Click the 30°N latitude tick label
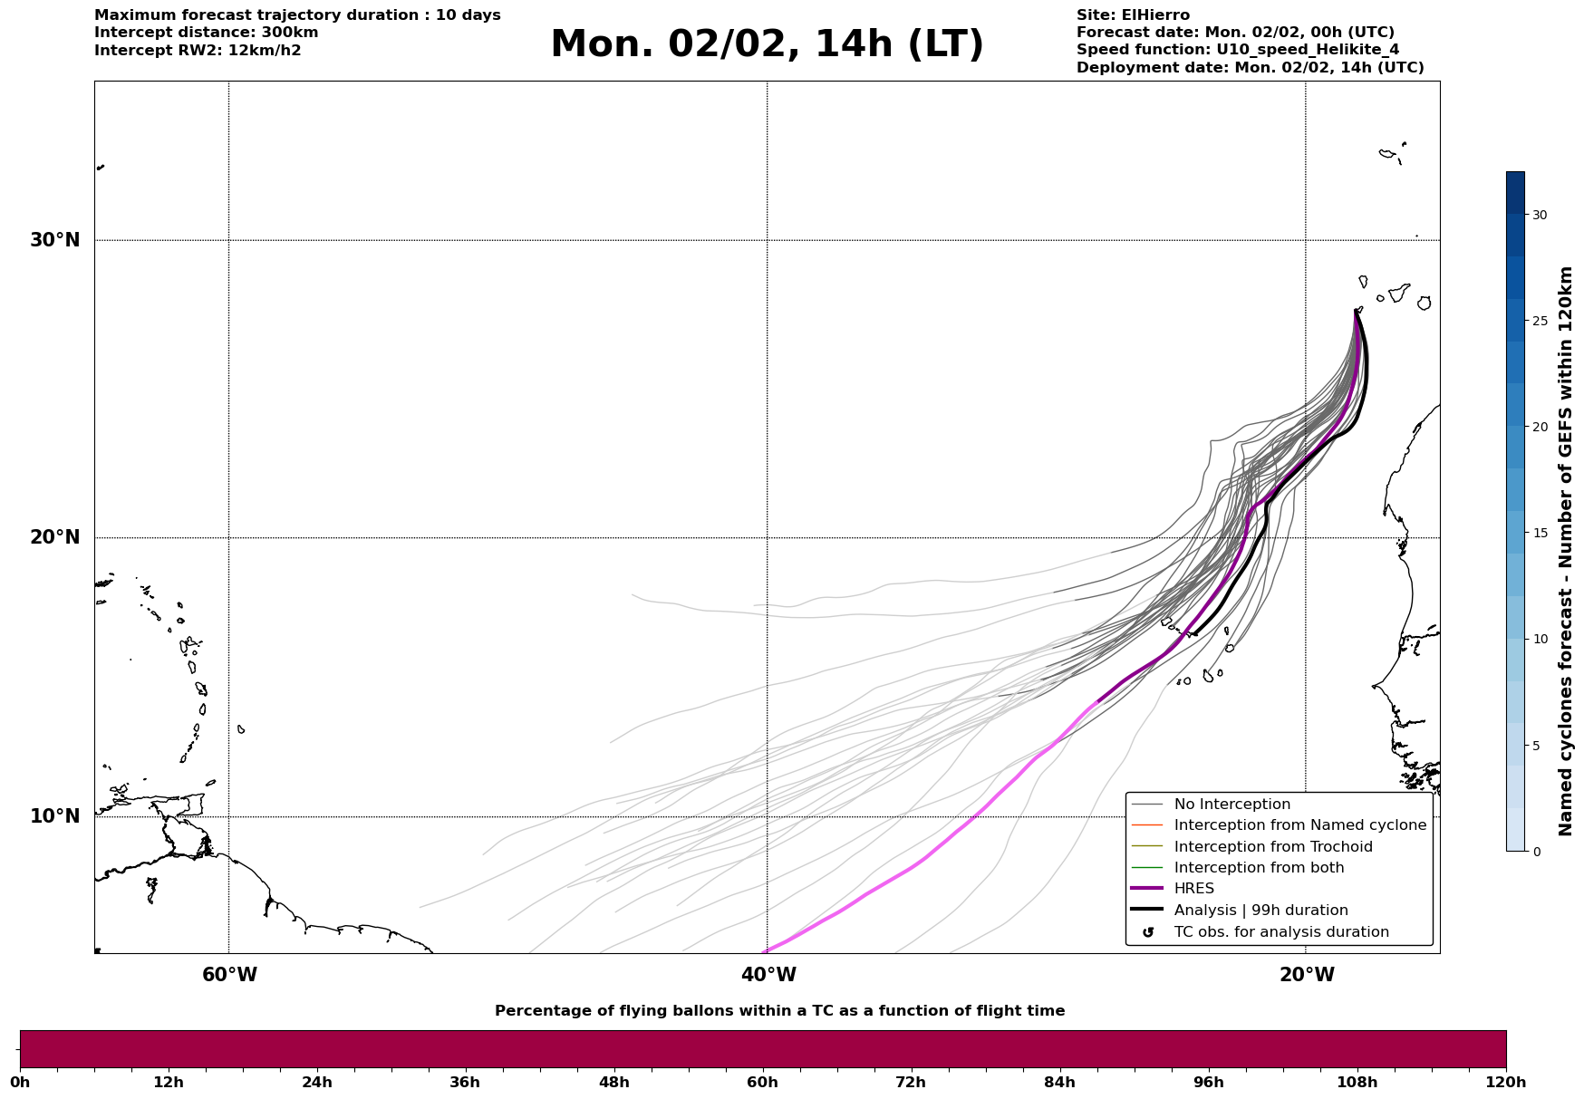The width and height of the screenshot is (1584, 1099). pos(54,240)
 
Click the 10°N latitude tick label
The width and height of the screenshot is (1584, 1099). pos(54,816)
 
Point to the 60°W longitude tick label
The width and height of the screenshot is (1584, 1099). pos(229,975)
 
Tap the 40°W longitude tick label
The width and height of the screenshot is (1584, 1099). pos(768,975)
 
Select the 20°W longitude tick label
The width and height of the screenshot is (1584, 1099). pos(1307,975)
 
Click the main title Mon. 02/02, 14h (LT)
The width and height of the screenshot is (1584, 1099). pos(767,44)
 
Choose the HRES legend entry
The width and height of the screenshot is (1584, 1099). pos(1193,889)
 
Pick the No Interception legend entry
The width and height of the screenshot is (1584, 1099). pos(1231,805)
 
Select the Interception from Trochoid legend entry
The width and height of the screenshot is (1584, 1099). pos(1272,847)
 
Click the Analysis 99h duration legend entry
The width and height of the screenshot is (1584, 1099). pos(1260,911)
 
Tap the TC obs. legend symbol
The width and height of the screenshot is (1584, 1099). pos(1148,932)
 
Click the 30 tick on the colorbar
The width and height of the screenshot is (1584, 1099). pos(1540,215)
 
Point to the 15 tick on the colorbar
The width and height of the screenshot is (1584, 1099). pos(1540,533)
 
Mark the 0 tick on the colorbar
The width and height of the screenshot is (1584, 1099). pos(1536,852)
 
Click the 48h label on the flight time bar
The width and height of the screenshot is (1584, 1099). pos(613,1083)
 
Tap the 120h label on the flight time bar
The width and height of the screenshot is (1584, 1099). pos(1506,1083)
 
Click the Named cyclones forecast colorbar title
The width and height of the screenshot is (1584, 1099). pos(1565,551)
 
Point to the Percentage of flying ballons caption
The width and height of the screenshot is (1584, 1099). pos(779,1011)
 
